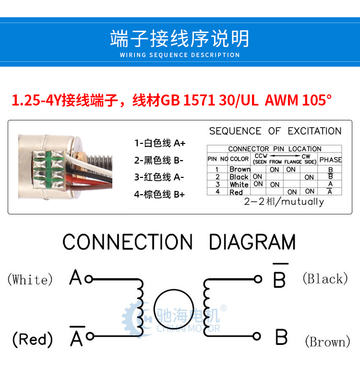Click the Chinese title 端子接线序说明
(x=180, y=38)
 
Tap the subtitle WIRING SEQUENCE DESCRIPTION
(x=180, y=55)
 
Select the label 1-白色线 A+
(x=160, y=143)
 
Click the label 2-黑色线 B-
(x=159, y=160)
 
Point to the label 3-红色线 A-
(x=159, y=177)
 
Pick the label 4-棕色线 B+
(x=159, y=194)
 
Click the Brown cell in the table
(x=240, y=169)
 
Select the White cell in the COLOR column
(x=239, y=185)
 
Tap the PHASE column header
(x=331, y=160)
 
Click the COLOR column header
(x=239, y=159)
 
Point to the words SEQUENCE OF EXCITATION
(x=276, y=131)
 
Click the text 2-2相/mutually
(x=284, y=201)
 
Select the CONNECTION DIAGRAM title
(x=179, y=242)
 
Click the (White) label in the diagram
(x=30, y=280)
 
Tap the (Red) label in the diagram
(x=33, y=339)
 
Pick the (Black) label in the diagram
(x=325, y=278)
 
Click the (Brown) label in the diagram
(x=327, y=342)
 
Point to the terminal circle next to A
(x=89, y=279)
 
